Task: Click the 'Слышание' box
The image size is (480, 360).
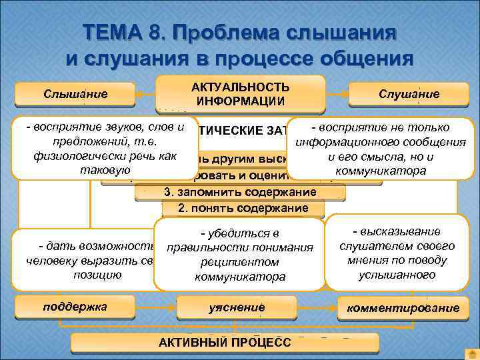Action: click(x=75, y=94)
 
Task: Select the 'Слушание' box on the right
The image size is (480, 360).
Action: click(x=409, y=94)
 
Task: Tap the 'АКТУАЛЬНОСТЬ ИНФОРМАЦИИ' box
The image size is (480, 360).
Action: click(x=240, y=94)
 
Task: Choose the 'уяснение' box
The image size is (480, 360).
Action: click(x=237, y=307)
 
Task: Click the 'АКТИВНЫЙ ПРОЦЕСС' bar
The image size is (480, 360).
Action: click(x=225, y=342)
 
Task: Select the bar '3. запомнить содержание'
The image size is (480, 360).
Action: click(x=240, y=192)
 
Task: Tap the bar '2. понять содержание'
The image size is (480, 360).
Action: click(x=243, y=208)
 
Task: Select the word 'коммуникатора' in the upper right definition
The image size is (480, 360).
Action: click(x=381, y=171)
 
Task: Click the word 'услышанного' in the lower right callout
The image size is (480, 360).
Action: click(x=396, y=275)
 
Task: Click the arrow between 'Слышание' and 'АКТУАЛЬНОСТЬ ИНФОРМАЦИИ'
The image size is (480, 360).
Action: click(x=146, y=93)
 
